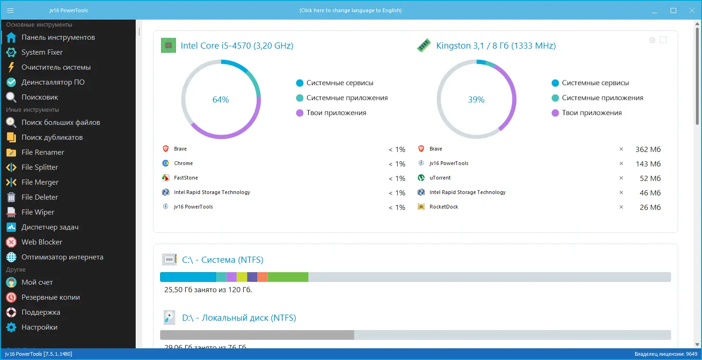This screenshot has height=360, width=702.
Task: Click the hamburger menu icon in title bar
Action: pos(10,10)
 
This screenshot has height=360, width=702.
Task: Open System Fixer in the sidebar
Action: pos(42,52)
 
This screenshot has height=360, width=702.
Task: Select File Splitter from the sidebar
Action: pos(40,167)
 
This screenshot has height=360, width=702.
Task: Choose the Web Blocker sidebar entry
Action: pos(42,242)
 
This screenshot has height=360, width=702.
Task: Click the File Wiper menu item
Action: pos(38,212)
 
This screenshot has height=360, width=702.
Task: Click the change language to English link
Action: pos(351,10)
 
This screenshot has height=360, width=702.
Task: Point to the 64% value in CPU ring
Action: pos(220,100)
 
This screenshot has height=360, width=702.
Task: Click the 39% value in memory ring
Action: pos(476,100)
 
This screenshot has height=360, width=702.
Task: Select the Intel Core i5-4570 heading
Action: pos(237,46)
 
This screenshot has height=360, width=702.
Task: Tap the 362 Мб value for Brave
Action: pos(648,150)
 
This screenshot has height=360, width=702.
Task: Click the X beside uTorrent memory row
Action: pos(622,178)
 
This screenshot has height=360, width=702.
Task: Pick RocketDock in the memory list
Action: pos(444,207)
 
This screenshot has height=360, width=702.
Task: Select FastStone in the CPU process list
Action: pos(186,178)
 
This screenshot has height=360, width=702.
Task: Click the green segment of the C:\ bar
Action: pos(288,277)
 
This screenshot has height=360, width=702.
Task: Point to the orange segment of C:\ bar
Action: pos(263,277)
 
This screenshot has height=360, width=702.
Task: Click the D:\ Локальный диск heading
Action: pos(239,318)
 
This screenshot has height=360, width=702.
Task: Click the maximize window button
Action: pos(673,10)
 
